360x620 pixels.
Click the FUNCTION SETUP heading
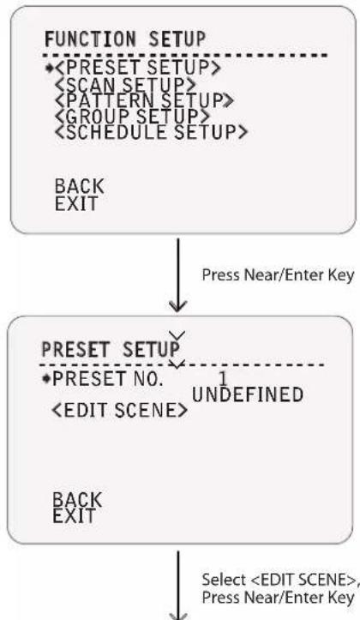(125, 39)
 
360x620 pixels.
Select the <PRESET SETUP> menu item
(137, 68)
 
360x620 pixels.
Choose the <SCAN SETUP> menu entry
(125, 84)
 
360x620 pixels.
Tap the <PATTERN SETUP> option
(144, 100)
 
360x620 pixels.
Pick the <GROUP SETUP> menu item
(132, 116)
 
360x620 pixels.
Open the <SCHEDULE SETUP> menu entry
(152, 132)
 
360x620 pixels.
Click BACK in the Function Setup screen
(80, 186)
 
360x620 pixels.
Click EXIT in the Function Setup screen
(76, 203)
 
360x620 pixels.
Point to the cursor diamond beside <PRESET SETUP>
(50, 68)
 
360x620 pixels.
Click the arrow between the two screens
(177, 274)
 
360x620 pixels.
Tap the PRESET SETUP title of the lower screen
(111, 350)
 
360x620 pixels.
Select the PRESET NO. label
(107, 379)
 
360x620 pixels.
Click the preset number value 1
(223, 379)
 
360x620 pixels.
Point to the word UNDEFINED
(248, 394)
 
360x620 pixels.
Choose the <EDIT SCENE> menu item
(120, 411)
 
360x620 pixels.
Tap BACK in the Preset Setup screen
(77, 499)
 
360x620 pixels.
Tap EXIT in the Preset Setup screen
(75, 516)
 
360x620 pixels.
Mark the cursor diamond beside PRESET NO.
(46, 379)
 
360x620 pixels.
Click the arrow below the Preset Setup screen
(177, 586)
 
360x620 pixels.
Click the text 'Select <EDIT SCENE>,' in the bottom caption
(280, 580)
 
